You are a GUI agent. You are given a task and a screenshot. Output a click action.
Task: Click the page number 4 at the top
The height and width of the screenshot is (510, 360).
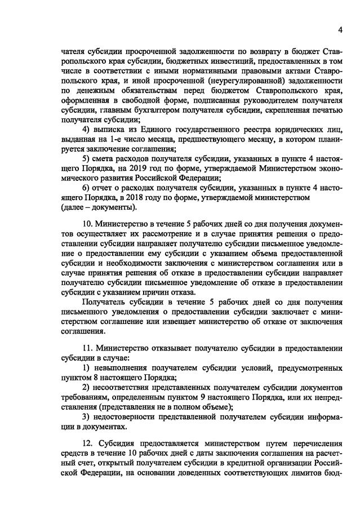point(340,29)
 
